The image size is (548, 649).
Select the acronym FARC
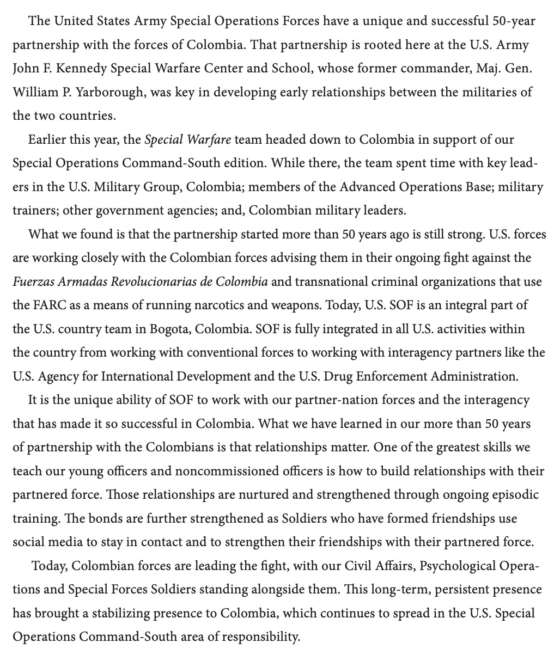pos(47,305)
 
